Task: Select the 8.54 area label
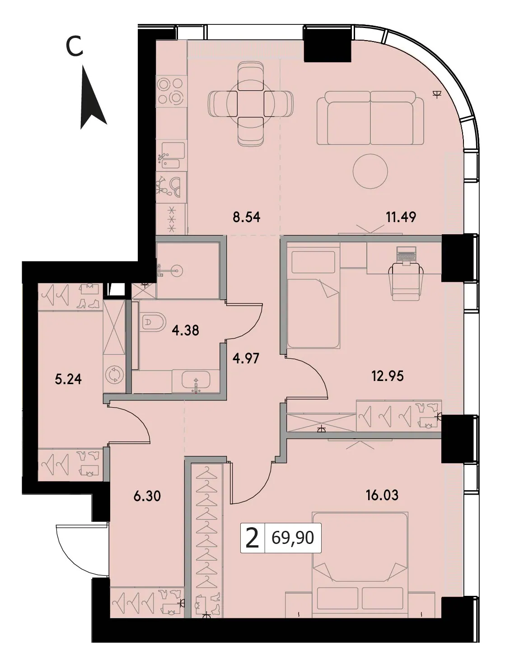pyautogui.click(x=246, y=217)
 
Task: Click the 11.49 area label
pyautogui.click(x=401, y=217)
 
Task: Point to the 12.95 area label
pyautogui.click(x=388, y=376)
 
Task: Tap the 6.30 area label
pyautogui.click(x=147, y=497)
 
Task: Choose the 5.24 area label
pyautogui.click(x=68, y=380)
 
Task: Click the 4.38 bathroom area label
pyautogui.click(x=185, y=330)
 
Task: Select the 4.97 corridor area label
pyautogui.click(x=246, y=359)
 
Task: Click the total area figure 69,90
pyautogui.click(x=293, y=538)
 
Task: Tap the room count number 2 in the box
pyautogui.click(x=252, y=538)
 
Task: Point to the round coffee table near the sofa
pyautogui.click(x=370, y=171)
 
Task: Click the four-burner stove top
pyautogui.click(x=172, y=91)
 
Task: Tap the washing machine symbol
pyautogui.click(x=115, y=375)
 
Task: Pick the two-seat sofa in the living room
pyautogui.click(x=370, y=117)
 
